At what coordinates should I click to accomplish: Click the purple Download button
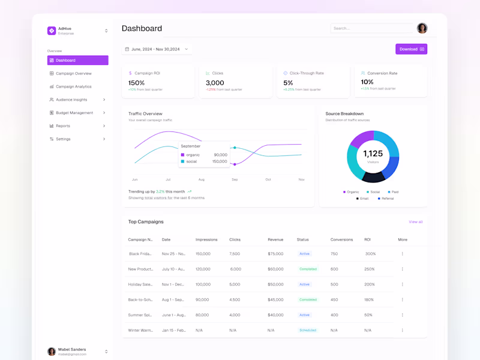click(x=411, y=49)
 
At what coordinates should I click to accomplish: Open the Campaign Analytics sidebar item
click(x=73, y=86)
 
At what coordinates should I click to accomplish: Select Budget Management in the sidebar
click(x=74, y=113)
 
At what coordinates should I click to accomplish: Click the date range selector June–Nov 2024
click(x=156, y=49)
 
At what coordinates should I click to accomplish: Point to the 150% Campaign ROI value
click(x=136, y=83)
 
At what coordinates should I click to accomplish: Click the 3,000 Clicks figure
click(x=215, y=83)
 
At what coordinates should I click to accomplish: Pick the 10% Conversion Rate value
click(x=367, y=82)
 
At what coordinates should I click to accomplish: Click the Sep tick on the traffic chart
click(x=235, y=179)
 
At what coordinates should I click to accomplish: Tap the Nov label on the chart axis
click(x=301, y=179)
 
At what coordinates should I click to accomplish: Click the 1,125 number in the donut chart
click(x=373, y=154)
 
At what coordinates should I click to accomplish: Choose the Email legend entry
click(x=362, y=199)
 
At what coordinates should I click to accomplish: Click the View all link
click(x=416, y=222)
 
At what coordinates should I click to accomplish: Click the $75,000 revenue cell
click(x=275, y=254)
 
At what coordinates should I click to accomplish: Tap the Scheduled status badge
click(x=308, y=330)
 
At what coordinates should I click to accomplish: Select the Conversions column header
click(x=341, y=239)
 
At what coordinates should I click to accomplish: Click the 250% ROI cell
click(x=369, y=269)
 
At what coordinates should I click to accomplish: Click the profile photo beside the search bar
click(x=422, y=28)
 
